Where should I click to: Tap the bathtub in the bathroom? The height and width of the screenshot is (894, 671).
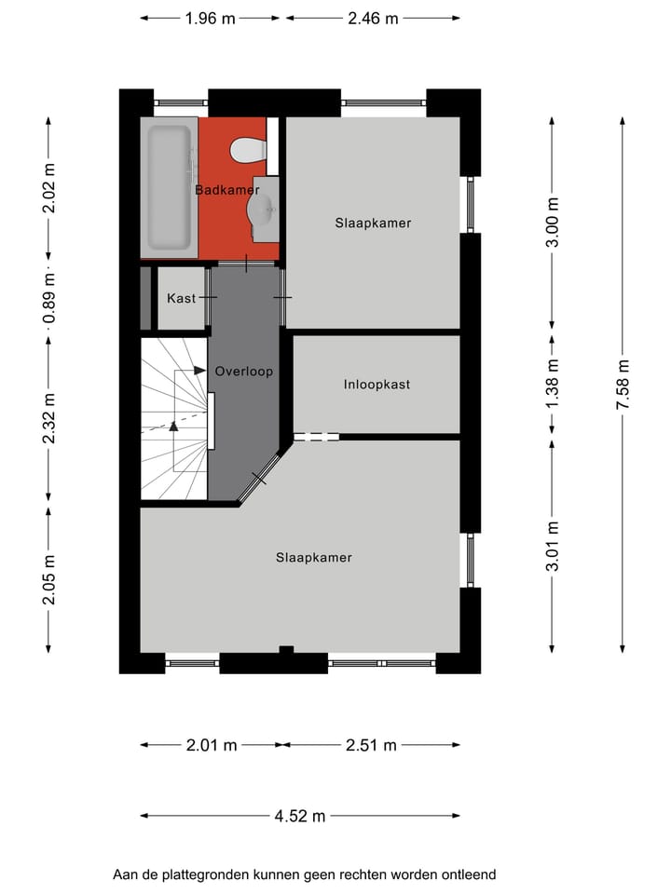point(169,186)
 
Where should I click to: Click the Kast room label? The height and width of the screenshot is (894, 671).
point(182,298)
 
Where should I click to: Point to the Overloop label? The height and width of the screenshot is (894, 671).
point(243,371)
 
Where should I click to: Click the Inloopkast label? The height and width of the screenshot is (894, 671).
point(377,384)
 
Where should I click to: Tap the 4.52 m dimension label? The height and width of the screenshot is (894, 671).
point(300,816)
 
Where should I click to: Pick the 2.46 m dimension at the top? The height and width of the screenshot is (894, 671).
point(373,18)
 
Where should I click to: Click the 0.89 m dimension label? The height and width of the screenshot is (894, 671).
point(49,298)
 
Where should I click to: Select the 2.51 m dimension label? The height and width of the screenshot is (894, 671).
point(371,744)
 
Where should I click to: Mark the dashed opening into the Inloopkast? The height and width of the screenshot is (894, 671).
point(317,436)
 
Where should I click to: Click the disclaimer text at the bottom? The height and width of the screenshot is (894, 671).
point(304,874)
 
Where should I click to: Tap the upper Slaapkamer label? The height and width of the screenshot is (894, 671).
point(373,223)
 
